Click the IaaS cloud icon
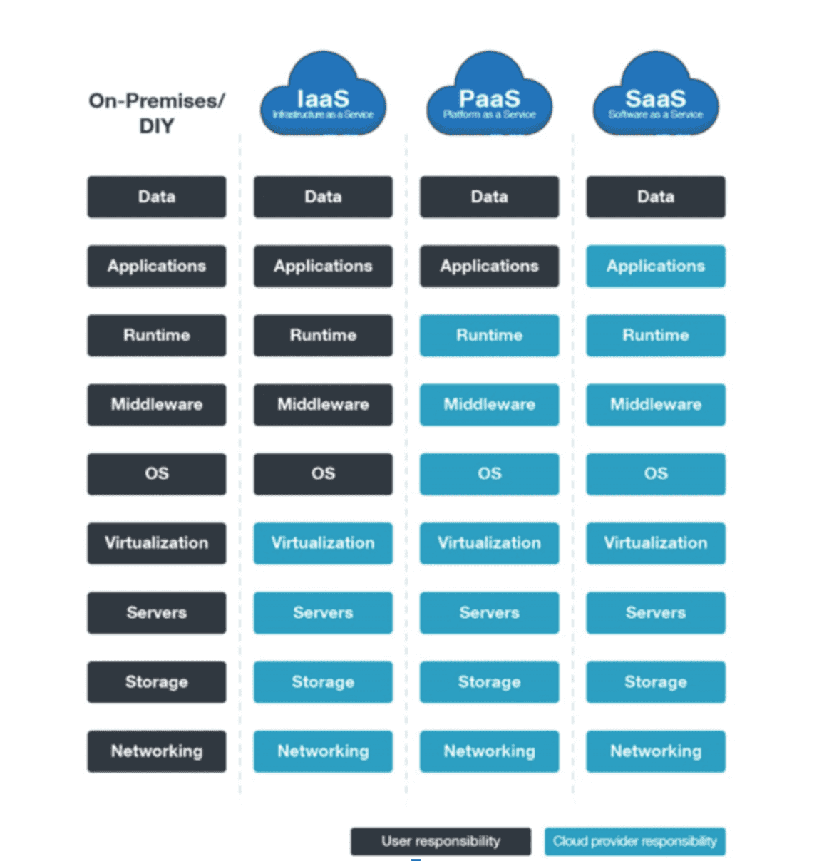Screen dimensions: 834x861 tap(323, 94)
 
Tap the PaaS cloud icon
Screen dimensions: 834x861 tap(489, 94)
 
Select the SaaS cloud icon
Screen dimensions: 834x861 tap(656, 94)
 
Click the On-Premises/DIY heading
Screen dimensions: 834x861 tap(157, 113)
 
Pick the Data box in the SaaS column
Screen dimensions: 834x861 tap(656, 197)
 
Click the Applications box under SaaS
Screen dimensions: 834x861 tap(656, 266)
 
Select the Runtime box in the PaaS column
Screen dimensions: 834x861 tap(489, 336)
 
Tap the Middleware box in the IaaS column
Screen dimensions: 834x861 tap(323, 404)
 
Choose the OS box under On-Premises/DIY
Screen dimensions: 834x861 tap(157, 474)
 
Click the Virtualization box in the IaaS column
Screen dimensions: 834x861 tap(323, 543)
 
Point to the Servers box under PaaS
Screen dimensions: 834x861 tap(489, 613)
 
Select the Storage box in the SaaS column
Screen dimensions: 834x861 tap(656, 682)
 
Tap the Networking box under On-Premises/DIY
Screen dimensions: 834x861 tap(157, 751)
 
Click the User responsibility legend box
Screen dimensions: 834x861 tap(441, 841)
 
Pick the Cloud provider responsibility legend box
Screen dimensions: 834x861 tap(635, 841)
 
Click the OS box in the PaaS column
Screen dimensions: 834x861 tap(489, 474)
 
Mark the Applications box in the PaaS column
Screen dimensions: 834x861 tap(489, 266)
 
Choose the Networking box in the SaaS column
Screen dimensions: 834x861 tap(656, 751)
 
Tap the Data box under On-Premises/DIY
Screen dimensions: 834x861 tap(157, 197)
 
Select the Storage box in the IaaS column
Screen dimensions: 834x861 tap(323, 682)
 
